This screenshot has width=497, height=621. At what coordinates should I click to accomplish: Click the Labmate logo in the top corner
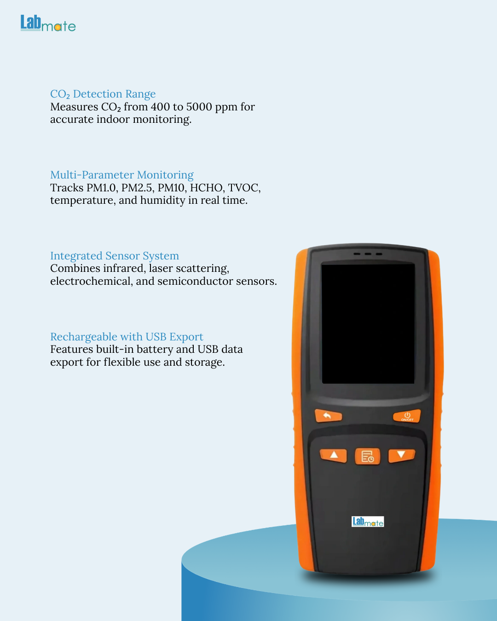click(48, 23)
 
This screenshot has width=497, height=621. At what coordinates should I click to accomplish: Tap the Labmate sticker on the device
click(368, 522)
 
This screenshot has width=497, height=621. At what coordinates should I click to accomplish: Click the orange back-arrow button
click(329, 416)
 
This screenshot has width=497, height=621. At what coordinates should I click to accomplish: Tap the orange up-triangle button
click(334, 455)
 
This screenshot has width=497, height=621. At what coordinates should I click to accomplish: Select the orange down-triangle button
click(401, 455)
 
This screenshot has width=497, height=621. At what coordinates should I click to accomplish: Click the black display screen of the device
click(368, 323)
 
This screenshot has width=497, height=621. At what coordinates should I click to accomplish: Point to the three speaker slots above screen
click(368, 254)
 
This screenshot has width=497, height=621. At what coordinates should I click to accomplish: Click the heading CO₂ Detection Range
click(103, 94)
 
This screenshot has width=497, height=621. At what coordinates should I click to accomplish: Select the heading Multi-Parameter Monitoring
click(122, 175)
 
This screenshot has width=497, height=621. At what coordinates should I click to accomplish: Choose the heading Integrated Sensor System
click(115, 256)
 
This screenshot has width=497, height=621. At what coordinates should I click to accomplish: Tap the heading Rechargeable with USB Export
click(127, 337)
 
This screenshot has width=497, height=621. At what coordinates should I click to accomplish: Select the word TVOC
click(244, 188)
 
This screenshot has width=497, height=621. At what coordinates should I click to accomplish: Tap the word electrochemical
click(92, 281)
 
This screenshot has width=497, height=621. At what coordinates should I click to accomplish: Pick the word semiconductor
click(195, 281)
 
